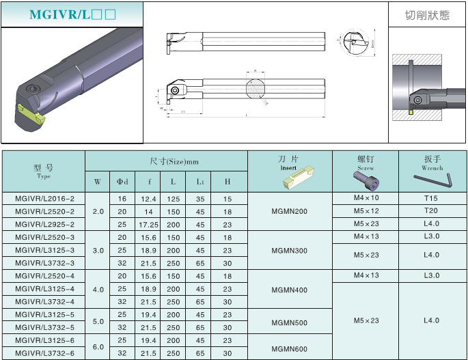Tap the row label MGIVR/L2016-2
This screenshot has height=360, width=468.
(44, 199)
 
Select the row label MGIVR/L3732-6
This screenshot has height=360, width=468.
(44, 353)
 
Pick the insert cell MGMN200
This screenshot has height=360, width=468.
(289, 211)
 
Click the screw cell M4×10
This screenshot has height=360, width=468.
(366, 199)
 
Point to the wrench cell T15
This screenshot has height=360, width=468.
(431, 199)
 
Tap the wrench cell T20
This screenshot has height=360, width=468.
(431, 211)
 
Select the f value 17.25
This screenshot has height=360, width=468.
(148, 224)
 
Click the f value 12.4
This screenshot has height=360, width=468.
(148, 199)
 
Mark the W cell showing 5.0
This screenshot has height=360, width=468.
(98, 321)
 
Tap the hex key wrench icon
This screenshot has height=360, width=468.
(432, 180)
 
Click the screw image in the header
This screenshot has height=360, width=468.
(366, 180)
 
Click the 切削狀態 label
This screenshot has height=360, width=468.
(427, 15)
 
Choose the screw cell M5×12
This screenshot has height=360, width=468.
(366, 211)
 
